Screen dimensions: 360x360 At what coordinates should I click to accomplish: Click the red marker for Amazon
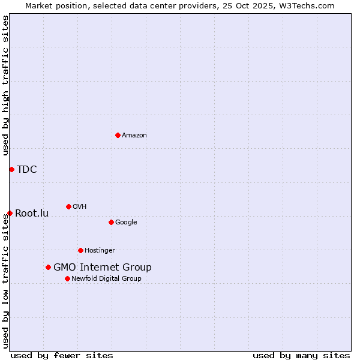[x=118, y=135]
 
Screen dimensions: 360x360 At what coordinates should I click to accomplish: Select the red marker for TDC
[x=11, y=169]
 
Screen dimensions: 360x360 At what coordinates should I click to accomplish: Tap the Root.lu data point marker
[x=10, y=213]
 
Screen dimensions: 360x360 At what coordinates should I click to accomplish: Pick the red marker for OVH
[x=68, y=206]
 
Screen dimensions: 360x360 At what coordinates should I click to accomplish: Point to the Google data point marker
[x=111, y=222]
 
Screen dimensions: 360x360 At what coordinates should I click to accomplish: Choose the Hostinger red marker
[x=80, y=250]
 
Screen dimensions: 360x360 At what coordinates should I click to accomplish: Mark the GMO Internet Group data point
[x=48, y=267]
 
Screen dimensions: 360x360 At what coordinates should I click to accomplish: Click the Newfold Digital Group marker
[x=67, y=278]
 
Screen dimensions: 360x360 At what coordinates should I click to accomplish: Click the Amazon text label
[x=134, y=136]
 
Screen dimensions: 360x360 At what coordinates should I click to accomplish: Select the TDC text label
[x=27, y=169]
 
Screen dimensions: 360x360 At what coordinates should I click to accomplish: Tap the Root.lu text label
[x=32, y=213]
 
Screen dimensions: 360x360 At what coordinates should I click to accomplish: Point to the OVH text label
[x=80, y=207]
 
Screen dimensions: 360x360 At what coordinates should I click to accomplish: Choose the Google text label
[x=126, y=223]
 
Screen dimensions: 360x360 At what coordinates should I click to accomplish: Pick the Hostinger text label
[x=100, y=251]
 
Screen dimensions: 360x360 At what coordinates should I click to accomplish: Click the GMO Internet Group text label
[x=103, y=268]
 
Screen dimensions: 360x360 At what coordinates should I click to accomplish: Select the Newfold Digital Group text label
[x=106, y=279]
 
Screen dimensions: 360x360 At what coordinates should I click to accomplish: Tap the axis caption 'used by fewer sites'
[x=62, y=355]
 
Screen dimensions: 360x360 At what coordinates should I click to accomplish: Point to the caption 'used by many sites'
[x=301, y=355]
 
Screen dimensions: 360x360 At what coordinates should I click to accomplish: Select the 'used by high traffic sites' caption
[x=6, y=85]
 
